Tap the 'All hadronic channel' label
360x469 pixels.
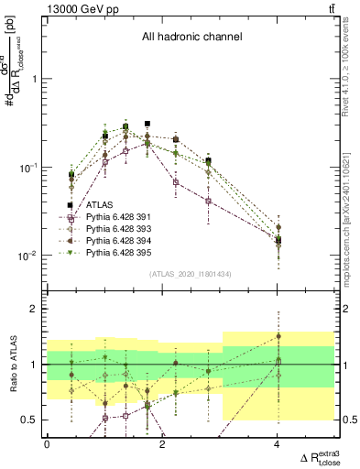pyautogui.click(x=191, y=38)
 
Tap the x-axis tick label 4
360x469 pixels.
pyautogui.click(x=278, y=444)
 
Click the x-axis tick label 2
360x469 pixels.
pyautogui.click(x=162, y=444)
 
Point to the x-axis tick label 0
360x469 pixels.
pyautogui.click(x=47, y=444)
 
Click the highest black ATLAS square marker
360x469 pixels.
pyautogui.click(x=147, y=123)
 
